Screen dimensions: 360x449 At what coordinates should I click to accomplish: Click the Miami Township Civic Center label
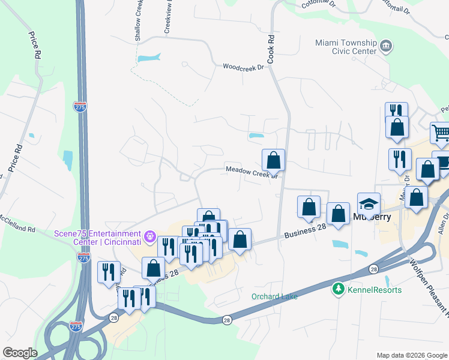346,47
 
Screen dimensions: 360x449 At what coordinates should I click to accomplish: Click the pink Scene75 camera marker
150,238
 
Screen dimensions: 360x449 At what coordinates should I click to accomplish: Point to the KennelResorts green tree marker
339,290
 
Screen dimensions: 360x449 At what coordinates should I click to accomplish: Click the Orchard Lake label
274,296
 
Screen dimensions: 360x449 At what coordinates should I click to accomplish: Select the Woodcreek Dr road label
243,67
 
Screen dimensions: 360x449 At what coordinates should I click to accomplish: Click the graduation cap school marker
369,203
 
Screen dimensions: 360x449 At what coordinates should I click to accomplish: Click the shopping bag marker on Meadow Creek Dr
273,160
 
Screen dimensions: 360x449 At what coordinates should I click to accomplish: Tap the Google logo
20,353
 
